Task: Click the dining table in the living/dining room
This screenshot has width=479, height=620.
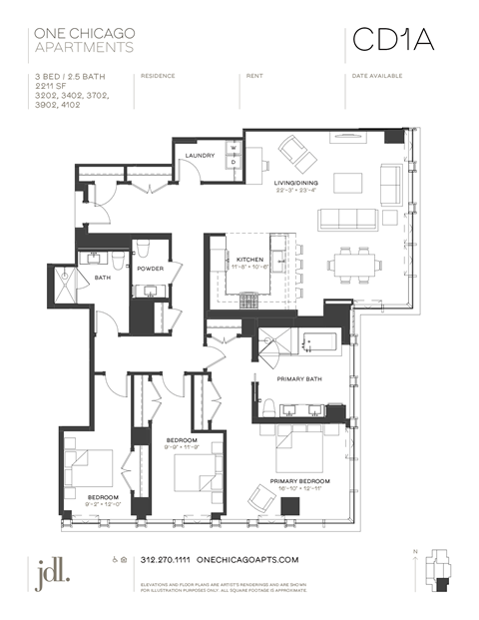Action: [x=354, y=265]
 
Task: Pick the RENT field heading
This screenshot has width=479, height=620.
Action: [x=254, y=76]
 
